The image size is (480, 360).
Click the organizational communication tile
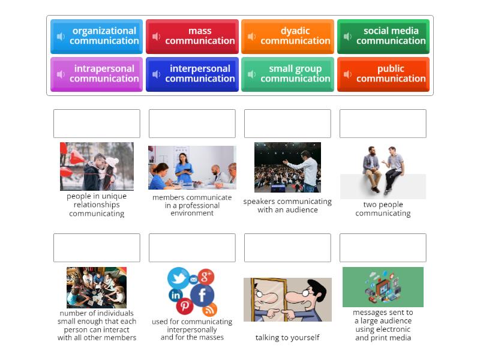pyautogui.click(x=97, y=36)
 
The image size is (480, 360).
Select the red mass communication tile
pyautogui.click(x=192, y=36)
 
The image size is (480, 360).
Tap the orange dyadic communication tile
pyautogui.click(x=287, y=36)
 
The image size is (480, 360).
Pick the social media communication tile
pyautogui.click(x=383, y=36)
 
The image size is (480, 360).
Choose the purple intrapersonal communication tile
pyautogui.click(x=97, y=74)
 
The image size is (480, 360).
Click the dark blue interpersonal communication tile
pyautogui.click(x=192, y=74)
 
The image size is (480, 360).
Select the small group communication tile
pyautogui.click(x=287, y=74)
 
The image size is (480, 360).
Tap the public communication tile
pyautogui.click(x=383, y=74)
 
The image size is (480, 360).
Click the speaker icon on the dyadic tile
pyautogui.click(x=252, y=37)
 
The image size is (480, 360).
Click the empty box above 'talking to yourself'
pyautogui.click(x=287, y=248)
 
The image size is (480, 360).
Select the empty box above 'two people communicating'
pyautogui.click(x=383, y=124)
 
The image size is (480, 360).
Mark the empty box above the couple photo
pyautogui.click(x=97, y=124)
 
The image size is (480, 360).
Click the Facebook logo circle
pyautogui.click(x=202, y=295)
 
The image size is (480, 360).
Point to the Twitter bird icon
pyautogui.click(x=178, y=278)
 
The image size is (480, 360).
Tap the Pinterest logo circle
pyautogui.click(x=185, y=306)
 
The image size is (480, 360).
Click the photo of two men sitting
pyautogui.click(x=383, y=170)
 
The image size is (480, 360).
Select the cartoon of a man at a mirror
pyautogui.click(x=287, y=299)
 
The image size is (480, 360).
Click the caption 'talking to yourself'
pyautogui.click(x=287, y=338)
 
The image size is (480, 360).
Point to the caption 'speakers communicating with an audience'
pyautogui.click(x=287, y=206)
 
